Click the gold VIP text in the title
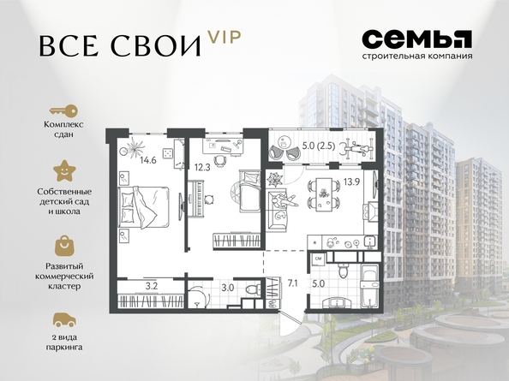225,38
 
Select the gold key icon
63,111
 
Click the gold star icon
64,171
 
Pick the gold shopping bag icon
64,246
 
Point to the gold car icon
64,319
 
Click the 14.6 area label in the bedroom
148,160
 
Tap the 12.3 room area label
202,167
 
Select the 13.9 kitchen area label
351,182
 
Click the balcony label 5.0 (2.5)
319,146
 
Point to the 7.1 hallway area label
292,283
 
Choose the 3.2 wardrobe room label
152,286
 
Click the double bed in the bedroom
144,207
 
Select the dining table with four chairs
324,194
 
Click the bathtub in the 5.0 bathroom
369,286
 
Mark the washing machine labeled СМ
318,259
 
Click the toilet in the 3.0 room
253,289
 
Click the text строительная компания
417,56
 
